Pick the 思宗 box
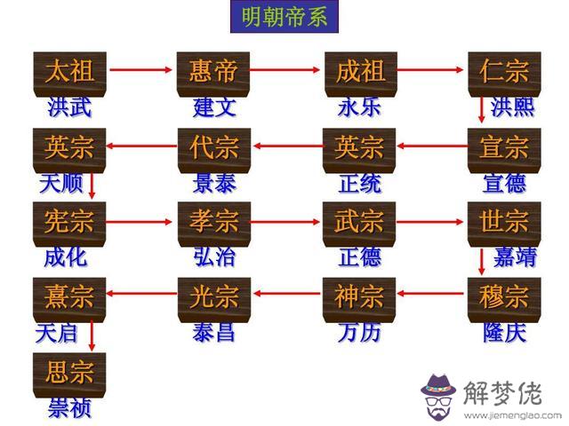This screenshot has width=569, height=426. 68,371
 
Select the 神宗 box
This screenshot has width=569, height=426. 359,296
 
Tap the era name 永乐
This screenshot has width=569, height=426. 359,107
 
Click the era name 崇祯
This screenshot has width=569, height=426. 69,407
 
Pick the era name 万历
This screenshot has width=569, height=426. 359,333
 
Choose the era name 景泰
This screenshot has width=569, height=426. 214,183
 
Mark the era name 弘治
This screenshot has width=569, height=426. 214,257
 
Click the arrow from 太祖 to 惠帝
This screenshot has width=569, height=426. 141,68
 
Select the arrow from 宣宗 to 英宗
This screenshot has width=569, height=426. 432,144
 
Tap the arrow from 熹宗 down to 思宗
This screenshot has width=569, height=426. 92,332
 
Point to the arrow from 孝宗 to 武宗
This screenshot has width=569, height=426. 286,218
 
